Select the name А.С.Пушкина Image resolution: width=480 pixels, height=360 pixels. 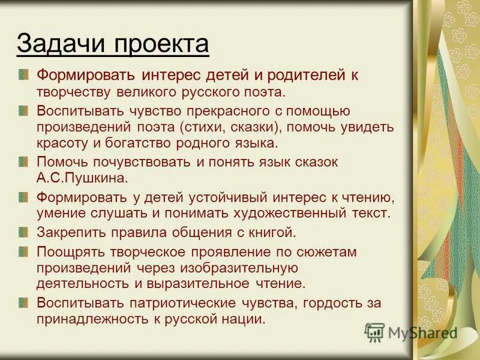83,178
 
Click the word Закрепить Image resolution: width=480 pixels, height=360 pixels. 67,232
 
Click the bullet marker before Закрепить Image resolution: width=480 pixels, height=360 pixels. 23,232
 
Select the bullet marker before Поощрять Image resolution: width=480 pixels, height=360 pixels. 23,250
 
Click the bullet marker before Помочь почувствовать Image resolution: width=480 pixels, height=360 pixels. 23,162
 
